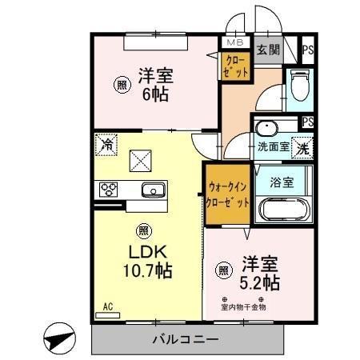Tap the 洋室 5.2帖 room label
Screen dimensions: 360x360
tap(258, 272)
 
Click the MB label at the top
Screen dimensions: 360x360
tap(236, 42)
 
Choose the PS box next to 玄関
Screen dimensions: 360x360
tap(307, 50)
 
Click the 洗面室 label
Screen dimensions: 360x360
tap(271, 147)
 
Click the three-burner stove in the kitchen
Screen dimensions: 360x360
tap(108, 190)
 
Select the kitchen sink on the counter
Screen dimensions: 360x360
tap(153, 190)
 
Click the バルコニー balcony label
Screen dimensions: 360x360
tap(185, 340)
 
